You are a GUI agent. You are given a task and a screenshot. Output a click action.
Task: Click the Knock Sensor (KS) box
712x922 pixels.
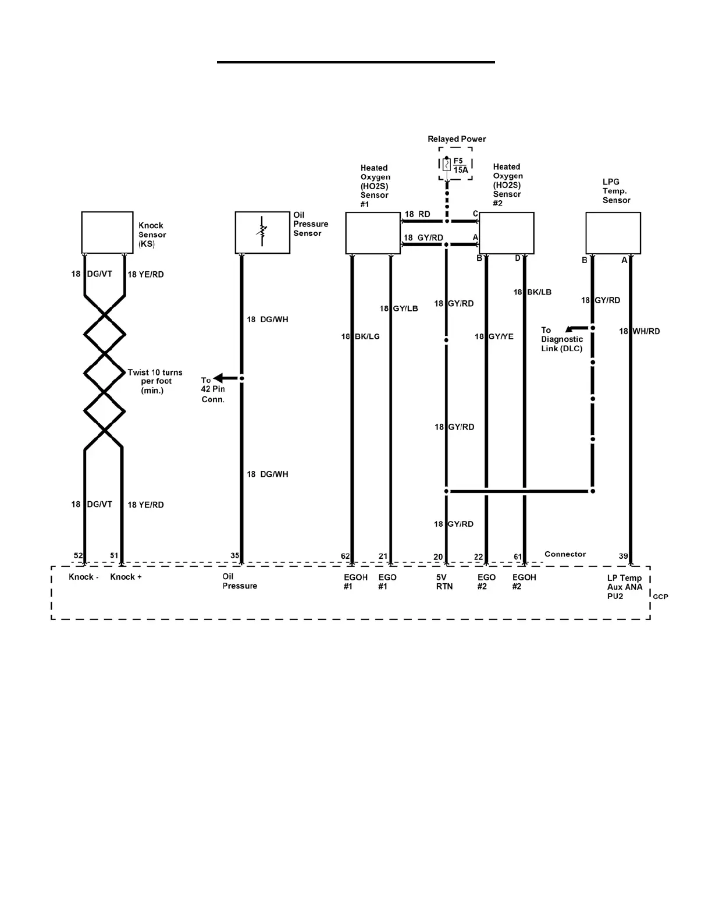tap(107, 232)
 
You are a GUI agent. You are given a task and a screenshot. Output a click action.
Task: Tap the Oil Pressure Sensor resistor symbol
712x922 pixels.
tap(262, 232)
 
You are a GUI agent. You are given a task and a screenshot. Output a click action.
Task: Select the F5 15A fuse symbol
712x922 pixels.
tap(446, 165)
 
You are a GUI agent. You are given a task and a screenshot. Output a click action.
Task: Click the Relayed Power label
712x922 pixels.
tap(457, 139)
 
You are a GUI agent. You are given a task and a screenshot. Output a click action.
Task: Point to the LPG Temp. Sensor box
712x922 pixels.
tap(613, 233)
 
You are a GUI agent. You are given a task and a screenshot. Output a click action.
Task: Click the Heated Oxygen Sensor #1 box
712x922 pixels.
tap(373, 233)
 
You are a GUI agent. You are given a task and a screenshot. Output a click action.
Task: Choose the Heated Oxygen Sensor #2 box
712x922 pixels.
tap(506, 233)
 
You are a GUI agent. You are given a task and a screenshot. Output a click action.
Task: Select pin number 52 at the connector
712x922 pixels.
tap(79, 556)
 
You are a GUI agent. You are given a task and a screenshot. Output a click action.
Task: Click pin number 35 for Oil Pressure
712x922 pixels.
tap(234, 556)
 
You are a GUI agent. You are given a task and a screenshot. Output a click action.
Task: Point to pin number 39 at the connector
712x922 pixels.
tap(623, 556)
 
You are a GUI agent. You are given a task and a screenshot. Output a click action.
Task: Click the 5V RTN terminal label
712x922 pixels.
tap(444, 582)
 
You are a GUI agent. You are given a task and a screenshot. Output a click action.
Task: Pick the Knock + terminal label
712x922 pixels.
tap(126, 577)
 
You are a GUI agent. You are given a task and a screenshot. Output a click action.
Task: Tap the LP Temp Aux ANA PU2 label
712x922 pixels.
tap(625, 587)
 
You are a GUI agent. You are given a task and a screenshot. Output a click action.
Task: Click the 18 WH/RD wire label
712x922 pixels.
tap(639, 331)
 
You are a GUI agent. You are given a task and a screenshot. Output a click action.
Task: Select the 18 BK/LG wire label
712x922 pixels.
tap(361, 336)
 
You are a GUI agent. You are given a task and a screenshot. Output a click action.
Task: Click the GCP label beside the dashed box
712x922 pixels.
tap(660, 597)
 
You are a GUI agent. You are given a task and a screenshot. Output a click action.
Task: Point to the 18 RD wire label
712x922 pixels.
tap(418, 214)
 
